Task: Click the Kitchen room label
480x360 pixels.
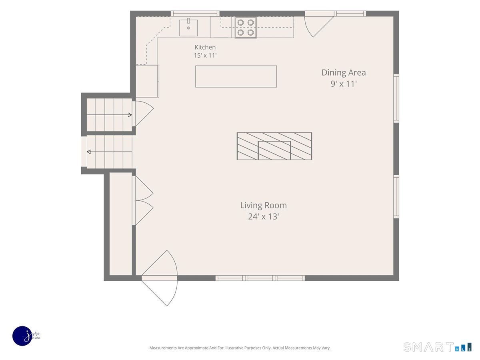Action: (205, 47)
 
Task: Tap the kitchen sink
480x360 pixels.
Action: (188, 28)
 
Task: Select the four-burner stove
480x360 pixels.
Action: (246, 28)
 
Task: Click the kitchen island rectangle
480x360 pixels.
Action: (236, 76)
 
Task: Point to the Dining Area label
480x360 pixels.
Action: (343, 72)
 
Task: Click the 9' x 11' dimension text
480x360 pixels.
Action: (344, 84)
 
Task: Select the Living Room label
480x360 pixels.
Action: (263, 205)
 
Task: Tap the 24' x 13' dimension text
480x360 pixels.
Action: (263, 216)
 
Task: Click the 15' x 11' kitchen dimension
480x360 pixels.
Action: (205, 56)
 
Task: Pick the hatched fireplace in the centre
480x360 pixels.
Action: (274, 146)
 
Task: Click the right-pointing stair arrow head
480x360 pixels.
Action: (130, 115)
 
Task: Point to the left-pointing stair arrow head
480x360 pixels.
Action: (89, 152)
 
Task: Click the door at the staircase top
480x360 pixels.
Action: (143, 114)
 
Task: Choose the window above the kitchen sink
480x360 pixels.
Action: (195, 14)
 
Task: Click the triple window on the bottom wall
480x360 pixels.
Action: (260, 278)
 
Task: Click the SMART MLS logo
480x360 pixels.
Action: (437, 347)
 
